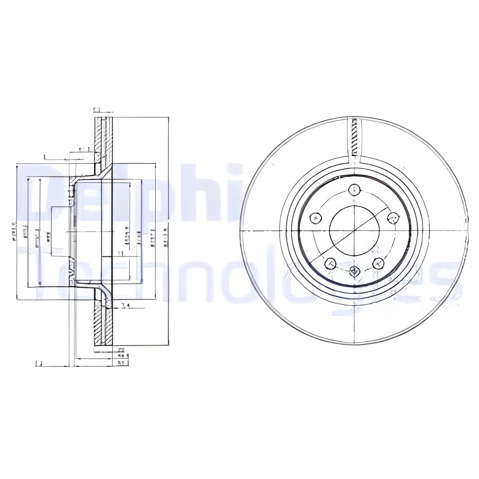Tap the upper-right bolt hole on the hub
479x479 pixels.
pos(393,218)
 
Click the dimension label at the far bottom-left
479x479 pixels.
pos(39,363)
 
